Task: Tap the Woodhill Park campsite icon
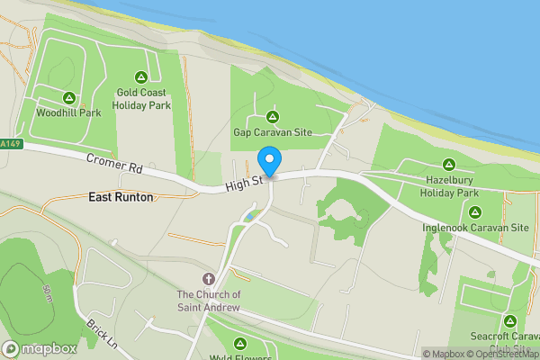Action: pyautogui.click(x=68, y=98)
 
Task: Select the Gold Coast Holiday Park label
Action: pyautogui.click(x=141, y=98)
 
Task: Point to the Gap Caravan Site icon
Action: pyautogui.click(x=273, y=116)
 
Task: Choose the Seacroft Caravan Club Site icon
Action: pyautogui.click(x=510, y=320)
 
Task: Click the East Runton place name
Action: pyautogui.click(x=121, y=196)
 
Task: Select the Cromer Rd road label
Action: pyautogui.click(x=115, y=167)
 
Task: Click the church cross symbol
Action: pyautogui.click(x=209, y=280)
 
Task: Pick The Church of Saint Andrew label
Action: pyautogui.click(x=209, y=301)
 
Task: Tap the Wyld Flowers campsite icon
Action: pyautogui.click(x=240, y=343)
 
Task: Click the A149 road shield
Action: pyautogui.click(x=9, y=144)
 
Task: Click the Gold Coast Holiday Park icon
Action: pyautogui.click(x=141, y=76)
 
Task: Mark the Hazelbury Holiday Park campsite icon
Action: pyautogui.click(x=448, y=166)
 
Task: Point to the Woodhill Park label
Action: pyautogui.click(x=68, y=113)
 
